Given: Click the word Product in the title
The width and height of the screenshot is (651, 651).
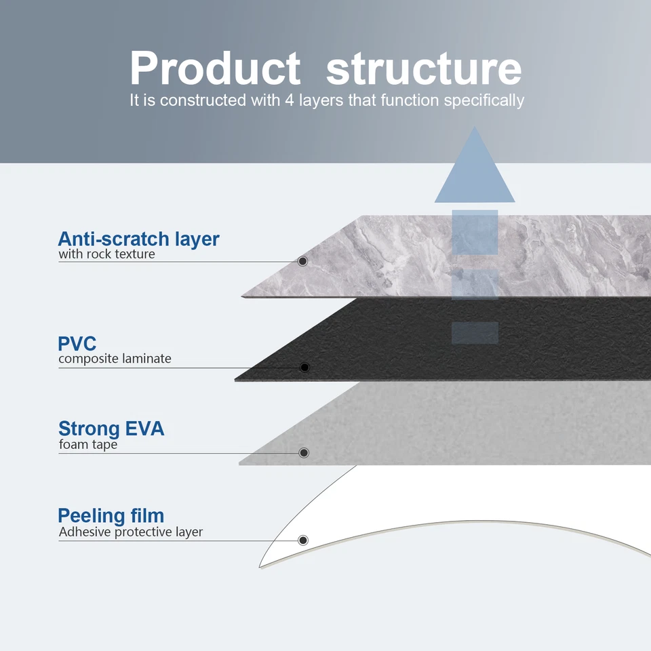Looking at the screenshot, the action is [215, 68].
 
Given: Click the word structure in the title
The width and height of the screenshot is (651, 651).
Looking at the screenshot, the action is [424, 68].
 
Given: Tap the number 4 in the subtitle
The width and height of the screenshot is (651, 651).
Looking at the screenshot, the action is [290, 100].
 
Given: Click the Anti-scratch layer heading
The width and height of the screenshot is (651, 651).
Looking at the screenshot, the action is [138, 239].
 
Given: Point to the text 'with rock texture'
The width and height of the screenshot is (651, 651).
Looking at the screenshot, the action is [106, 254].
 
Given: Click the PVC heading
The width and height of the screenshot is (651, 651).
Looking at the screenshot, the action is [77, 344].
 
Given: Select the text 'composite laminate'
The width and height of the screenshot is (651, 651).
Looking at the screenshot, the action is [115, 359].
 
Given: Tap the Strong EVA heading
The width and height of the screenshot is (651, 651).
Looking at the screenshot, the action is [111, 429].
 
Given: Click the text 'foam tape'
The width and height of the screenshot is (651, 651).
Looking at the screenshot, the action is [88, 444].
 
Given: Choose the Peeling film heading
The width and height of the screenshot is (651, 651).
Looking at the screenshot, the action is [111, 515].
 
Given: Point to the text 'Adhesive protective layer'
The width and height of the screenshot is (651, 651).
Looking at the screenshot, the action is [131, 532].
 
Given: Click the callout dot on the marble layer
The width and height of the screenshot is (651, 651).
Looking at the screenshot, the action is [302, 261].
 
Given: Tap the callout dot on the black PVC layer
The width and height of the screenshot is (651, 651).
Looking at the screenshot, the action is [304, 368].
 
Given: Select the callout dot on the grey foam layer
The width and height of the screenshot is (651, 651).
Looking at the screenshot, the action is [304, 452].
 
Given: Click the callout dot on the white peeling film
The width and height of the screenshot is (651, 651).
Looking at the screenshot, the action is [303, 540].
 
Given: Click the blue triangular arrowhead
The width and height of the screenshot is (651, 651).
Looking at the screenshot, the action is [475, 165].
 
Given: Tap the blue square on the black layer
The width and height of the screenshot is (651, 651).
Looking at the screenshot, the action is [475, 332].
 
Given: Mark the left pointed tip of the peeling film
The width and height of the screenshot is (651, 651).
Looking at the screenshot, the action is [260, 568].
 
